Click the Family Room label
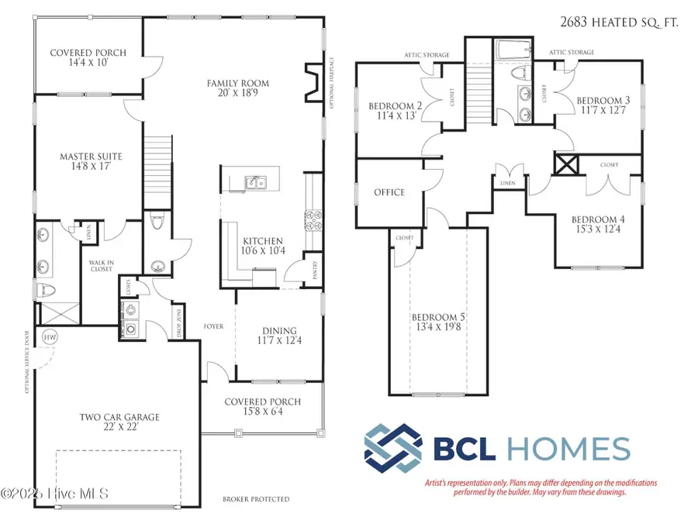[237, 83]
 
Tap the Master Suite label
[92, 157]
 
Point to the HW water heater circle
[50, 337]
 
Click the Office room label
[389, 192]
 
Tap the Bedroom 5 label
[438, 318]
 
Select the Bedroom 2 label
[395, 106]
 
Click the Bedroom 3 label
[602, 101]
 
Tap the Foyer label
[214, 326]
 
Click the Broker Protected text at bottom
[256, 499]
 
